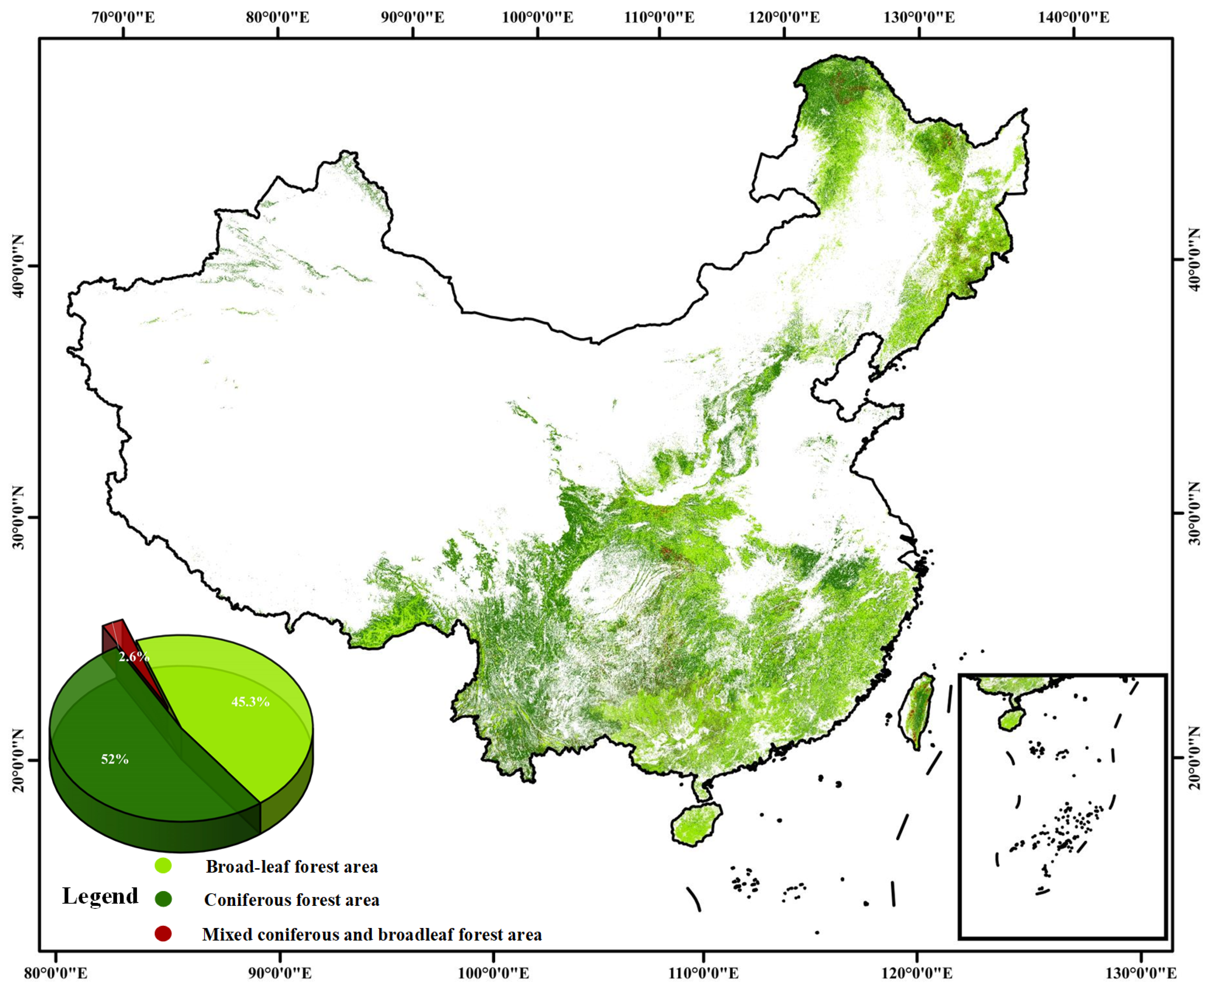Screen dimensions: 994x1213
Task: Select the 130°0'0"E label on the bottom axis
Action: (x=1142, y=973)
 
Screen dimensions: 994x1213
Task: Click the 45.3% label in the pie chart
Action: (x=250, y=702)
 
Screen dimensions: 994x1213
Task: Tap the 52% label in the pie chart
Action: (x=114, y=759)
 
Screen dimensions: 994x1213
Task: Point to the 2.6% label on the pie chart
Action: (x=133, y=657)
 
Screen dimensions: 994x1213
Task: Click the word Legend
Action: (x=100, y=896)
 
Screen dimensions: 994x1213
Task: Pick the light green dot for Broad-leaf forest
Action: (x=163, y=865)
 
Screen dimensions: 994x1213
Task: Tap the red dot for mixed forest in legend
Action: (x=163, y=934)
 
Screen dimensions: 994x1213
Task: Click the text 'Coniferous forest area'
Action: (x=291, y=900)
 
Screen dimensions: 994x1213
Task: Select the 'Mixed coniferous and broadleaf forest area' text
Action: (x=372, y=935)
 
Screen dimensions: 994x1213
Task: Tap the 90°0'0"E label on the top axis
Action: (x=413, y=17)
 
